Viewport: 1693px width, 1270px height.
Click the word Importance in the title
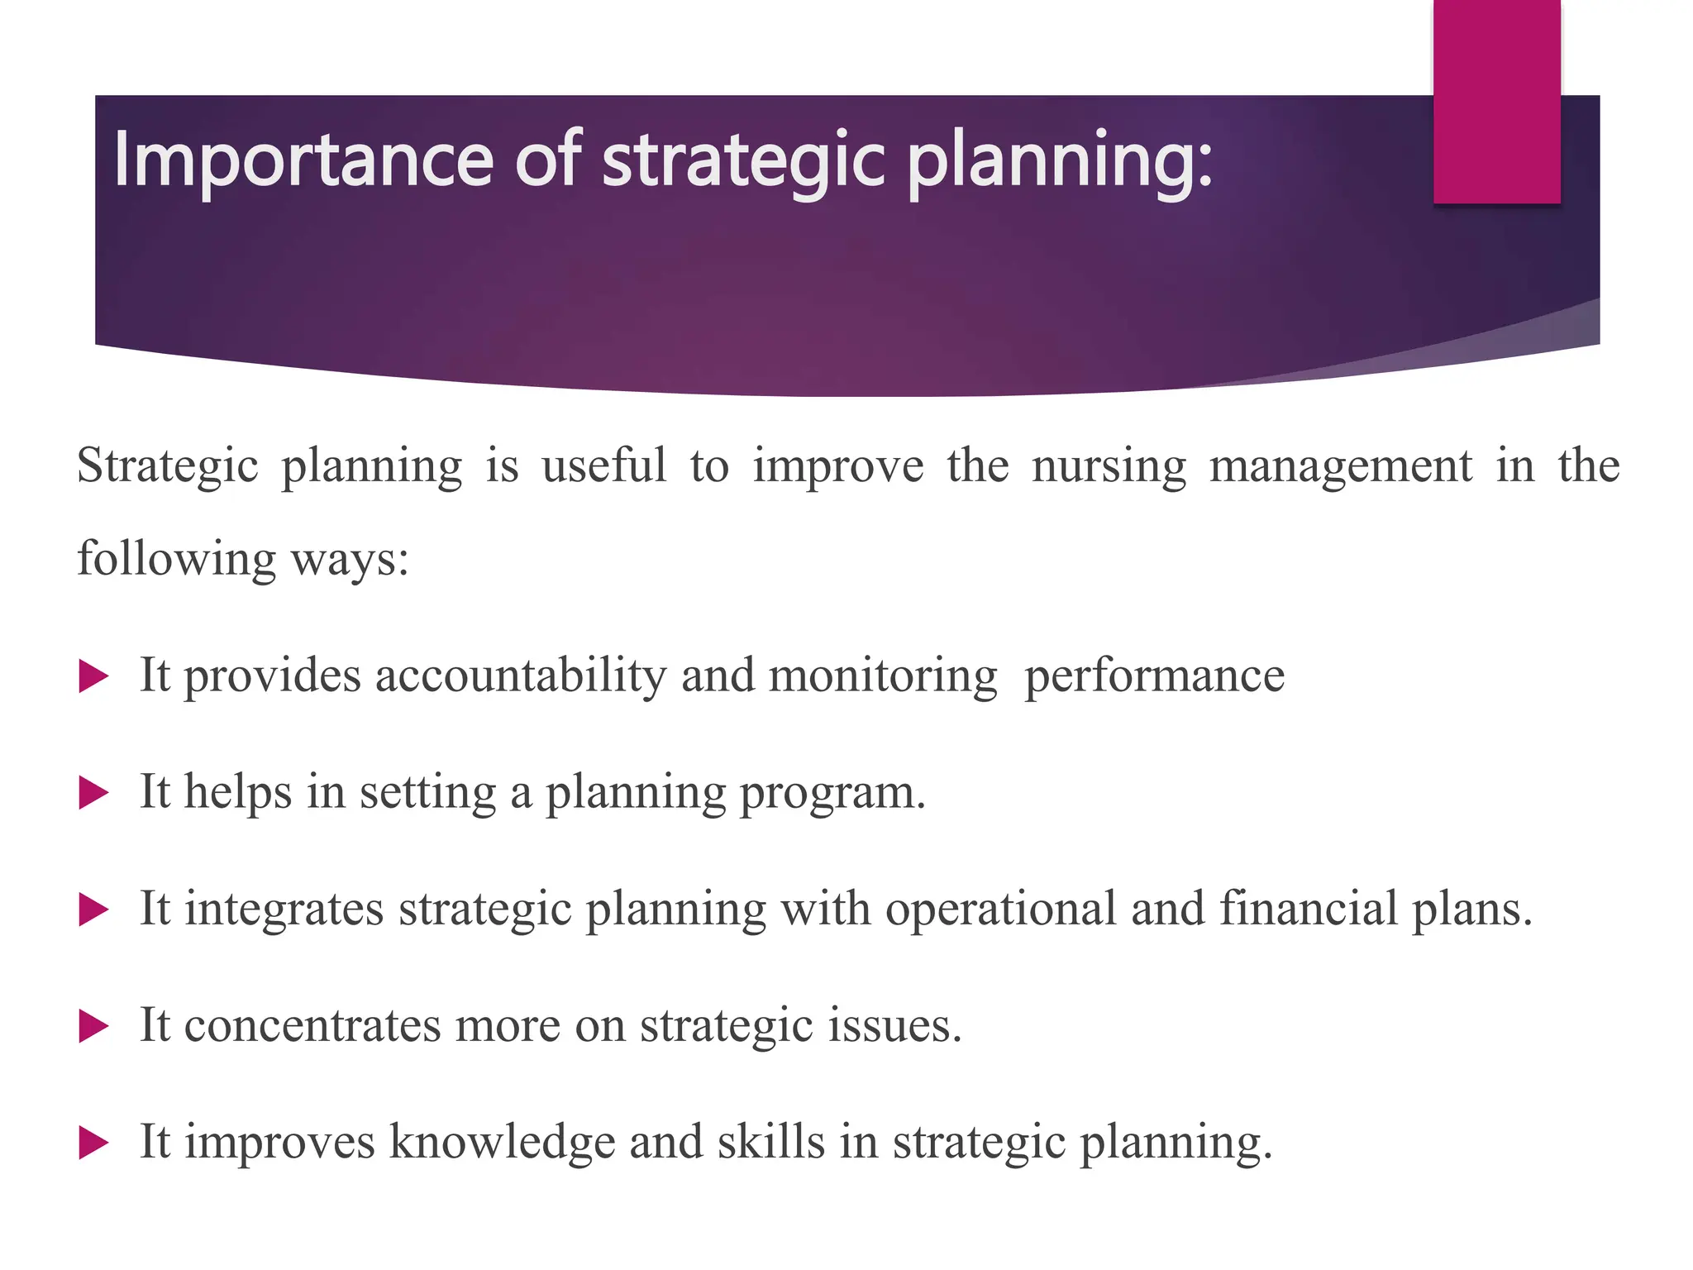(x=303, y=160)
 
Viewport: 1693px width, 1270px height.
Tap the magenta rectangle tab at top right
(x=1496, y=101)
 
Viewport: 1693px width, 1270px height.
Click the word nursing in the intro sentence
(x=1109, y=466)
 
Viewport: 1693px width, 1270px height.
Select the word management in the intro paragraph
(x=1340, y=466)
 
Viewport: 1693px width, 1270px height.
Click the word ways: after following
(x=350, y=560)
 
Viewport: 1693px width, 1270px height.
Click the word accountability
(x=520, y=676)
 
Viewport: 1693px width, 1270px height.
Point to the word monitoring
(x=882, y=676)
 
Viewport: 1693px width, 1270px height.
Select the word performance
(x=1154, y=676)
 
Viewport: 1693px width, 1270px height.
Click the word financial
(x=1308, y=910)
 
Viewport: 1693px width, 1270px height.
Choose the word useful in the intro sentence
(x=603, y=466)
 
